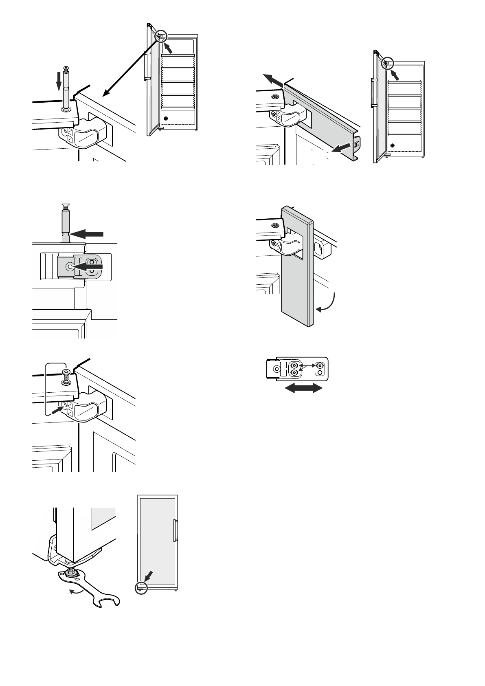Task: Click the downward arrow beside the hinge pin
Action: tap(59, 81)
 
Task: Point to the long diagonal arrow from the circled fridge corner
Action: tap(130, 65)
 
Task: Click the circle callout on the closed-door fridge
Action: tap(140, 587)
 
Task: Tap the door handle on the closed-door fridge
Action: tap(175, 530)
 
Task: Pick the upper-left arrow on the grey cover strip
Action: tap(272, 80)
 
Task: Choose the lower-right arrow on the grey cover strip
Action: tap(341, 147)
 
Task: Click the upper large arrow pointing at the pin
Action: tap(87, 234)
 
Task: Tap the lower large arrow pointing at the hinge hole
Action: tap(88, 266)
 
